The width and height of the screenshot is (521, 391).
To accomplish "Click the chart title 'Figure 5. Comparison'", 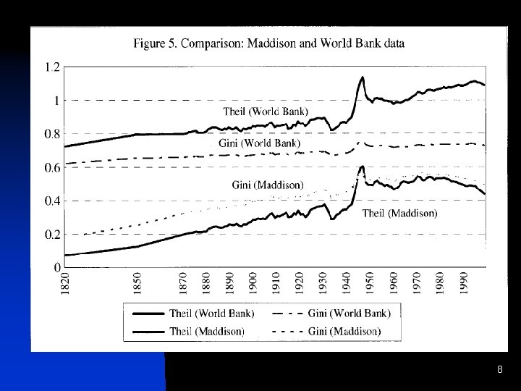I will (x=269, y=43).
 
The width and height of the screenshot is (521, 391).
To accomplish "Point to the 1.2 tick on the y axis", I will (x=52, y=67).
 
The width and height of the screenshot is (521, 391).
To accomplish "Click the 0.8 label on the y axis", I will (x=52, y=134).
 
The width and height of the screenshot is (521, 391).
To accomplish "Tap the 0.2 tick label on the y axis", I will (x=52, y=235).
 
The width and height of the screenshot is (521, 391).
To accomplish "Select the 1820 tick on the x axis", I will (x=64, y=284).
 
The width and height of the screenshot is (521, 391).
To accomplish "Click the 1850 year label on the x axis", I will (x=137, y=284).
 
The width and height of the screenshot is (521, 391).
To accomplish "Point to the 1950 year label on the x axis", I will (x=369, y=284).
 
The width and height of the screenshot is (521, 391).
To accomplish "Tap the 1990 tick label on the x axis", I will (x=463, y=284).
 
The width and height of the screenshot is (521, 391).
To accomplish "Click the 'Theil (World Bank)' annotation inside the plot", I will (x=265, y=112).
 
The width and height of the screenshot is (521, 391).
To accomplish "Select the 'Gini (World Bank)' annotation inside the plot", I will (x=259, y=144).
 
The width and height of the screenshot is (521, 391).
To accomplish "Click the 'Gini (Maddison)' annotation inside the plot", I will (x=268, y=185).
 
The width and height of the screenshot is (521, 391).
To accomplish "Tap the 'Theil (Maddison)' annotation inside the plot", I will (x=399, y=213).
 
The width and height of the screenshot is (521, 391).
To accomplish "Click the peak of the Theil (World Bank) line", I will (x=362, y=77).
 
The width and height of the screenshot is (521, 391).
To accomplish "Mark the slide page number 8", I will (x=499, y=370).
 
